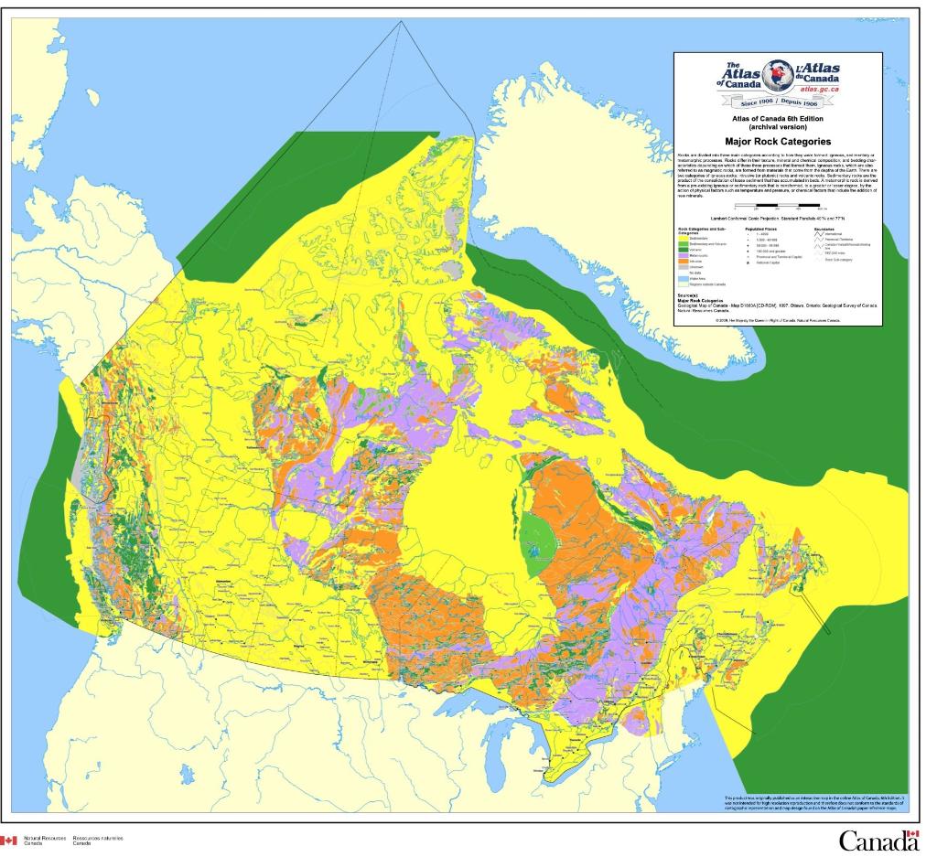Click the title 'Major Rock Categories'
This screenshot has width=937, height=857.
coord(778,142)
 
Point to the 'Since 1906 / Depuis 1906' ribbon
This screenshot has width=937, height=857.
coord(778,102)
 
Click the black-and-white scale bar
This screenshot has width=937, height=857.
coord(778,208)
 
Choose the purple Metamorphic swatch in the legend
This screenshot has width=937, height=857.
coord(684,255)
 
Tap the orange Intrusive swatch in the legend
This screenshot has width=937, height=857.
coord(684,261)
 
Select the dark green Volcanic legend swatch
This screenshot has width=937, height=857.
coord(684,250)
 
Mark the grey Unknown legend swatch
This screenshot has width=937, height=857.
coord(684,266)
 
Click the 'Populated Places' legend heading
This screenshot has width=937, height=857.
coord(759,229)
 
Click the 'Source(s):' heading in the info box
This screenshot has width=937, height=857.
coord(688,295)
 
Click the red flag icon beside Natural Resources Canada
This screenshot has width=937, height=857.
coord(9,840)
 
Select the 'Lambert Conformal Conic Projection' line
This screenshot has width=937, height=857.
coord(778,220)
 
